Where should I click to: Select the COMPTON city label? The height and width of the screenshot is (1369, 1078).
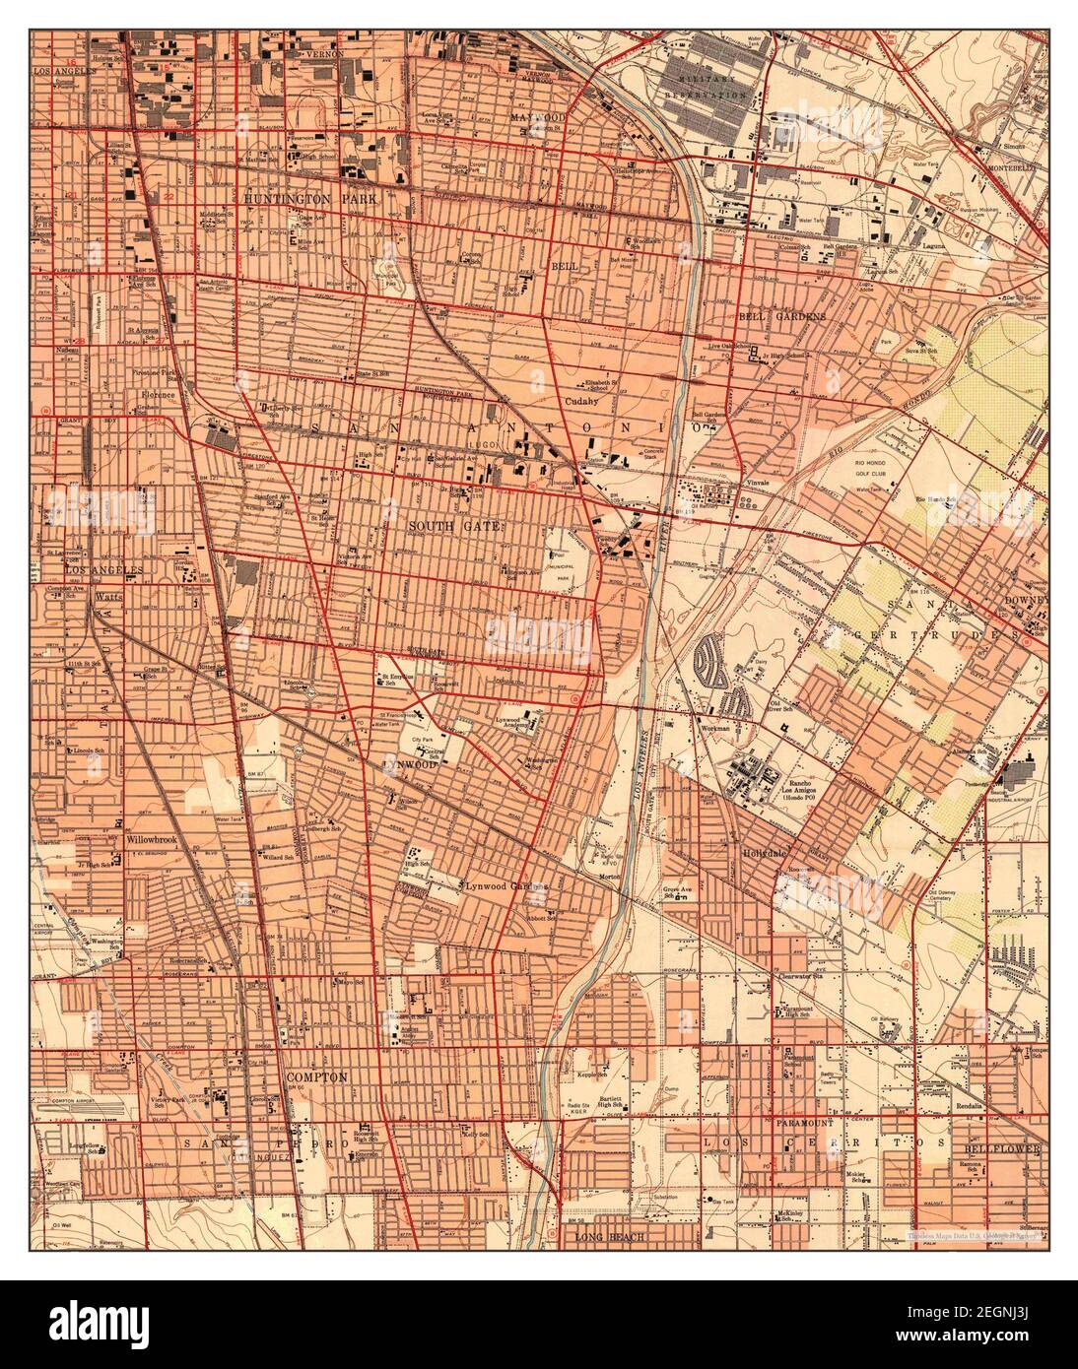coord(316,1077)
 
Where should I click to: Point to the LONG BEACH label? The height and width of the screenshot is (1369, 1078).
coord(605,1236)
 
